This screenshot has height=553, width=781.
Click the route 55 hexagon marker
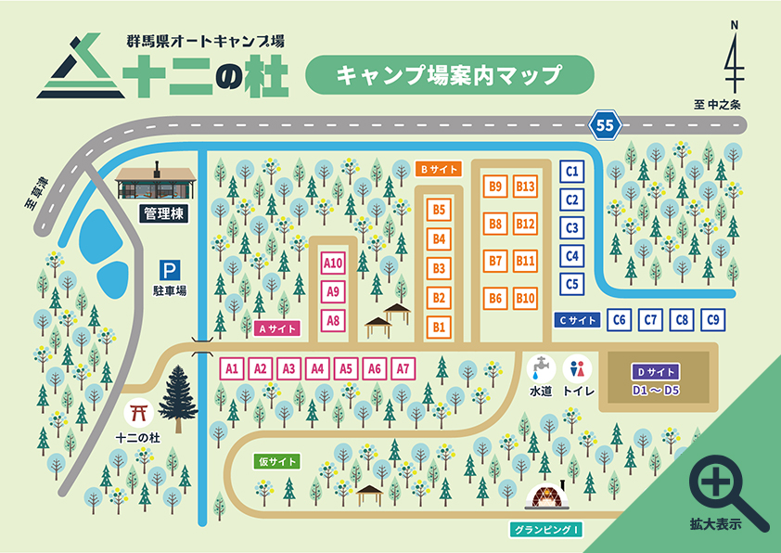tap(606, 124)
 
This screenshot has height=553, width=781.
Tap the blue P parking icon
tap(169, 270)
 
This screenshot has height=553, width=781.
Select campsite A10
tap(333, 264)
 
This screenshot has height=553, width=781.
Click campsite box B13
tap(526, 186)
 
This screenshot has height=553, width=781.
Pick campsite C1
tap(572, 172)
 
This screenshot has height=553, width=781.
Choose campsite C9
tap(713, 320)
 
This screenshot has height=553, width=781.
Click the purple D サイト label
tap(656, 370)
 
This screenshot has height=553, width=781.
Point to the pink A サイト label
tap(276, 328)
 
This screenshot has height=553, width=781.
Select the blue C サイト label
tap(576, 320)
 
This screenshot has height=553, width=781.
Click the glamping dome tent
tap(547, 499)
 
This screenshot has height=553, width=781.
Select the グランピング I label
tap(546, 531)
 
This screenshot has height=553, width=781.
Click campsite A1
tap(232, 368)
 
